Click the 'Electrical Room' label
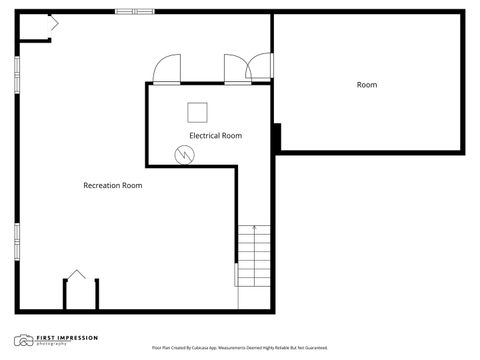point(216,135)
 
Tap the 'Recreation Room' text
point(112,185)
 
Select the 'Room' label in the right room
point(367,85)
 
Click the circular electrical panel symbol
point(184,154)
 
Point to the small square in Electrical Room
point(197,111)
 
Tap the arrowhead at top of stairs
point(254,229)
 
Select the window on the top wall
point(134,12)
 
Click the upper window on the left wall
point(16,74)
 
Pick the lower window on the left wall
point(16,241)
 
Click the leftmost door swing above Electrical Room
point(166,70)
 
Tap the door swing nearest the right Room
point(260,67)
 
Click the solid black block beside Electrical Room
point(277,136)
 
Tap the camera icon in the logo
point(22,340)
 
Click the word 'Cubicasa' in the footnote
point(205,347)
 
